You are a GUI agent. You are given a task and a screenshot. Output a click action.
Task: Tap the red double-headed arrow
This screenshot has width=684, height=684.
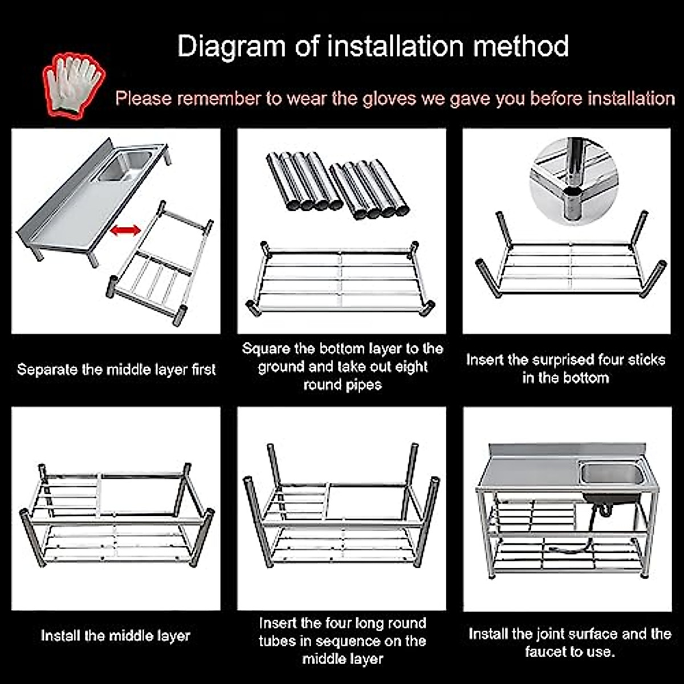[x=125, y=230]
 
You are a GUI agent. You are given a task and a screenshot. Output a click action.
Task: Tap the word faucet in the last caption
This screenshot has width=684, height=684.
[x=545, y=652]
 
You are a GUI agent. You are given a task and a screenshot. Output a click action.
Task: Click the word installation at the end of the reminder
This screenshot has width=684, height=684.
[x=631, y=99]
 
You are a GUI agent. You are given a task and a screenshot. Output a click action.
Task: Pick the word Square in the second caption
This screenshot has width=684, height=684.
[x=267, y=349]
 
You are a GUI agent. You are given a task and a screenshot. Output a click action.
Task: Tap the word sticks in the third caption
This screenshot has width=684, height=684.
[x=646, y=360]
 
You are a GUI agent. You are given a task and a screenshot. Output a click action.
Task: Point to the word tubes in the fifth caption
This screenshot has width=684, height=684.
[x=278, y=641]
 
